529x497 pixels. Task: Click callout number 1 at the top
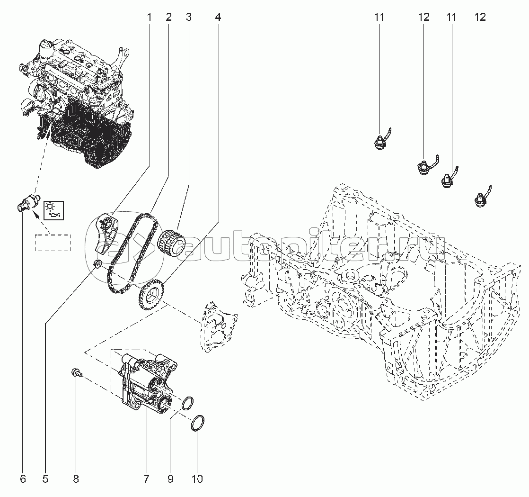coord(149,18)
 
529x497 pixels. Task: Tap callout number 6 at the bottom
coord(23,479)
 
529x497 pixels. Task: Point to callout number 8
coord(76,479)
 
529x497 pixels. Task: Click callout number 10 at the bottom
coord(197,479)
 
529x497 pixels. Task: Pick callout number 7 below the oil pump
coord(146,479)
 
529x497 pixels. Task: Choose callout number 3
coord(188,18)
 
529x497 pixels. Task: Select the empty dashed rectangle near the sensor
coord(52,242)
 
